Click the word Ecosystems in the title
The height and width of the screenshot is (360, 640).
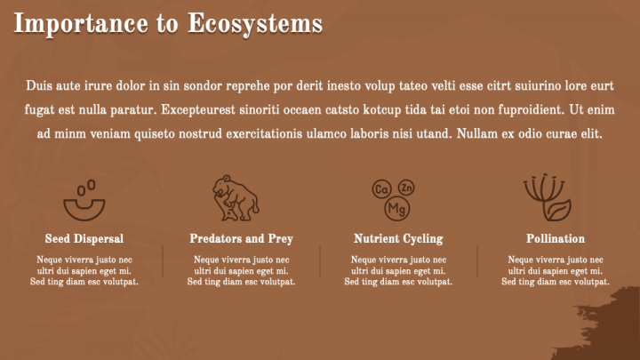point(255,24)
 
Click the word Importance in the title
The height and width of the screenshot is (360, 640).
point(81,24)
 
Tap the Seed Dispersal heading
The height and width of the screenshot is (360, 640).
point(84,239)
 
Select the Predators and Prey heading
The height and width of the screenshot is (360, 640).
point(241,239)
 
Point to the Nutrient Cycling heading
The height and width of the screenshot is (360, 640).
point(398,239)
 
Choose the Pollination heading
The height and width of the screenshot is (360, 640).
point(556,239)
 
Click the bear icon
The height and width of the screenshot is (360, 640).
point(236,198)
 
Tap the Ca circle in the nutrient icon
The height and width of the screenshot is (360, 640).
point(381,189)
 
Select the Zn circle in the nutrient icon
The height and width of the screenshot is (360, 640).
point(406,188)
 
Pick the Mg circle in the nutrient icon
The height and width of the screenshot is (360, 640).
point(397,209)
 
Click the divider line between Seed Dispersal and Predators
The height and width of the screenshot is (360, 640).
point(163,261)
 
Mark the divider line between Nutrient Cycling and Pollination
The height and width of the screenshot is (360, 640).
point(477,261)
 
